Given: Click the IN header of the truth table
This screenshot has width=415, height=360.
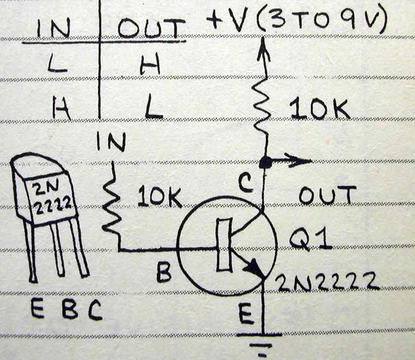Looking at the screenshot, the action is click(x=54, y=28).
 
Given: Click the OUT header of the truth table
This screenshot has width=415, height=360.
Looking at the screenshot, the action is click(x=151, y=28).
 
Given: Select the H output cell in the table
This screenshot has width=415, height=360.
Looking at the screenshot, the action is click(x=150, y=63).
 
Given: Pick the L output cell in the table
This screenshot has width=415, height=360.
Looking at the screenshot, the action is click(x=153, y=107).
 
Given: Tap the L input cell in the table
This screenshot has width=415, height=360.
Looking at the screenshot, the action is click(x=57, y=63).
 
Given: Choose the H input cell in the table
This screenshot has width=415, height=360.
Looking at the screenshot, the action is click(x=61, y=108).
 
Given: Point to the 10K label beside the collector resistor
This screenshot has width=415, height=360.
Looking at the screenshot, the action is click(x=320, y=109).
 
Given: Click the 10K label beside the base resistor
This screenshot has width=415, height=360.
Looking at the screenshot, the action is click(x=160, y=197).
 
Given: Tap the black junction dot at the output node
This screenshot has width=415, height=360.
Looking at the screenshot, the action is click(x=265, y=162).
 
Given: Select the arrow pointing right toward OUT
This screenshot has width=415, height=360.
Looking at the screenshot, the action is click(x=291, y=161).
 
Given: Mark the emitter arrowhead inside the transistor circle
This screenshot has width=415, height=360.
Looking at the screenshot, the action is click(x=254, y=268).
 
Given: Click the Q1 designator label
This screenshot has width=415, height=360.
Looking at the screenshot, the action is click(x=310, y=240).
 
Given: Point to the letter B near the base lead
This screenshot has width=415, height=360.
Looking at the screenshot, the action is click(x=164, y=272).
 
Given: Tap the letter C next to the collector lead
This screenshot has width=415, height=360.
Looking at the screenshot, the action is click(x=246, y=183).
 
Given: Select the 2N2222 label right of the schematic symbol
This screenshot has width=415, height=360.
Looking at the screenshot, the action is click(x=326, y=281).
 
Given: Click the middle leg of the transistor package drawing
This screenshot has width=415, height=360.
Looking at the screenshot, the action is click(x=57, y=251).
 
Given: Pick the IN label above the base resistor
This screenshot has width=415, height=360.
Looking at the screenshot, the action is click(x=110, y=142).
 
